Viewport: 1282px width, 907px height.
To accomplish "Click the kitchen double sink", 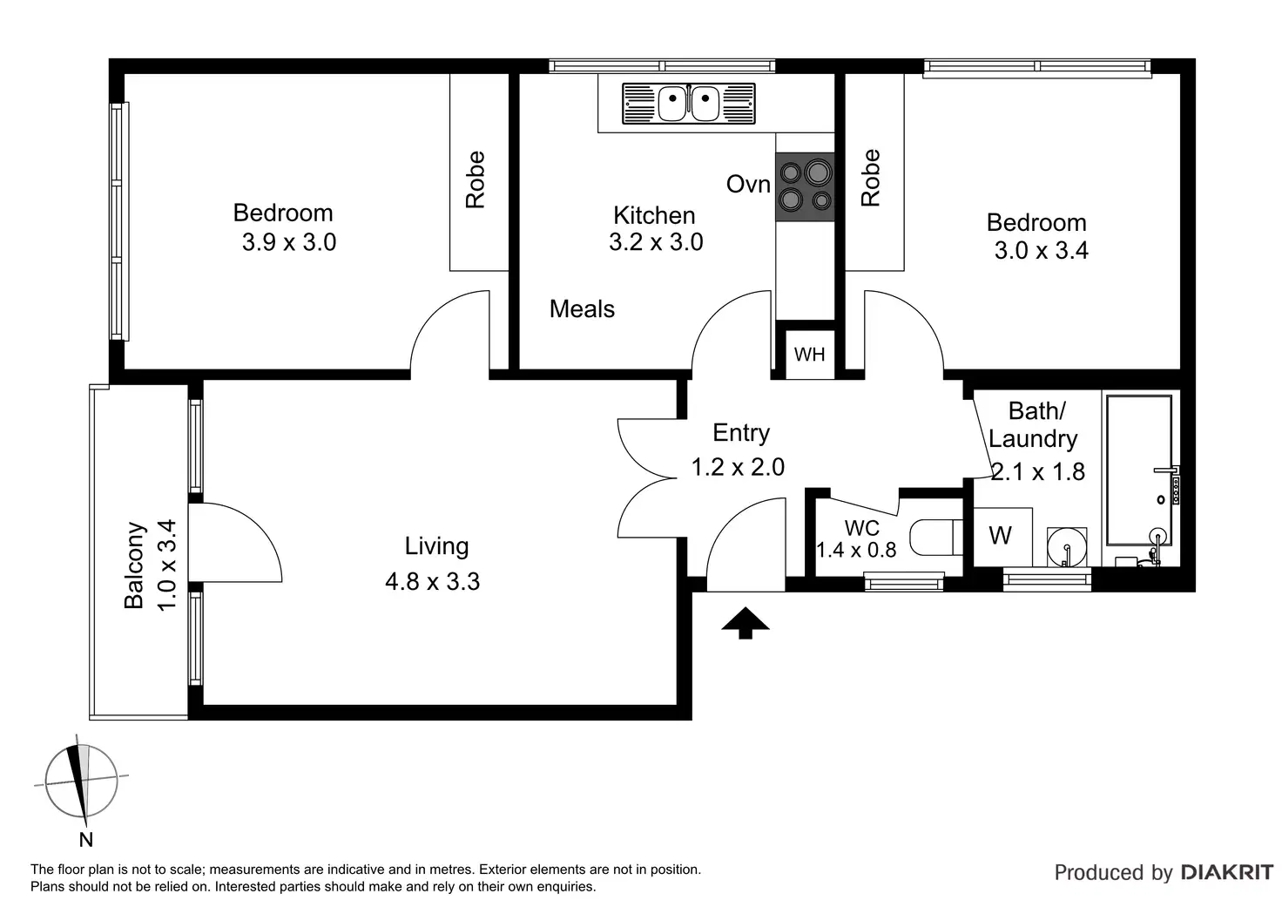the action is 689,104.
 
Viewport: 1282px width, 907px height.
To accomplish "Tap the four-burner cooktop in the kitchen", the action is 805,186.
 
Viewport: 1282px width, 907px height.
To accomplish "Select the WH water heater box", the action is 809,355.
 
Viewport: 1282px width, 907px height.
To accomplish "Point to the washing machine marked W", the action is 1002,537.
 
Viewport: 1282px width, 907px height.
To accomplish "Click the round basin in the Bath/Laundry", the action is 1067,547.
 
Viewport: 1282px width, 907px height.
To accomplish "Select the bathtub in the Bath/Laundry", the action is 1139,470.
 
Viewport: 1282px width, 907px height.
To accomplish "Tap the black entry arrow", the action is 746,623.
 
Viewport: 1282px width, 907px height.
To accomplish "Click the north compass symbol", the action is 81,781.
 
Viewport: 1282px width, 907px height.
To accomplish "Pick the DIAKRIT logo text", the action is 1227,872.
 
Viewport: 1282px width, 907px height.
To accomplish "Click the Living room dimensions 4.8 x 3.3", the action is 432,582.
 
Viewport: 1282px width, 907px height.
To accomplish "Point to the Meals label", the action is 582,309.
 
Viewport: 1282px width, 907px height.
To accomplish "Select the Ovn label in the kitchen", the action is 748,185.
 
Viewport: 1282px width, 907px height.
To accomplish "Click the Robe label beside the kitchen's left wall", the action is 475,179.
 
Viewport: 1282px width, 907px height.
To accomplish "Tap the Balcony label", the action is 134,565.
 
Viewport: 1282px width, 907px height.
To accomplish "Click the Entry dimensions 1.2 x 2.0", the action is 738,467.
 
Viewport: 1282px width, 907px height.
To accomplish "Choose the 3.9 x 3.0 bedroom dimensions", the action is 289,242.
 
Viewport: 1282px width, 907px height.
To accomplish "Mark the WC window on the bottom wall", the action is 904,582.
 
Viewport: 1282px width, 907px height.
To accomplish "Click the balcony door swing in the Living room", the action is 235,543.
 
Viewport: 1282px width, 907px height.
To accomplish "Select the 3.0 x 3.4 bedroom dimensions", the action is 1041,251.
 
